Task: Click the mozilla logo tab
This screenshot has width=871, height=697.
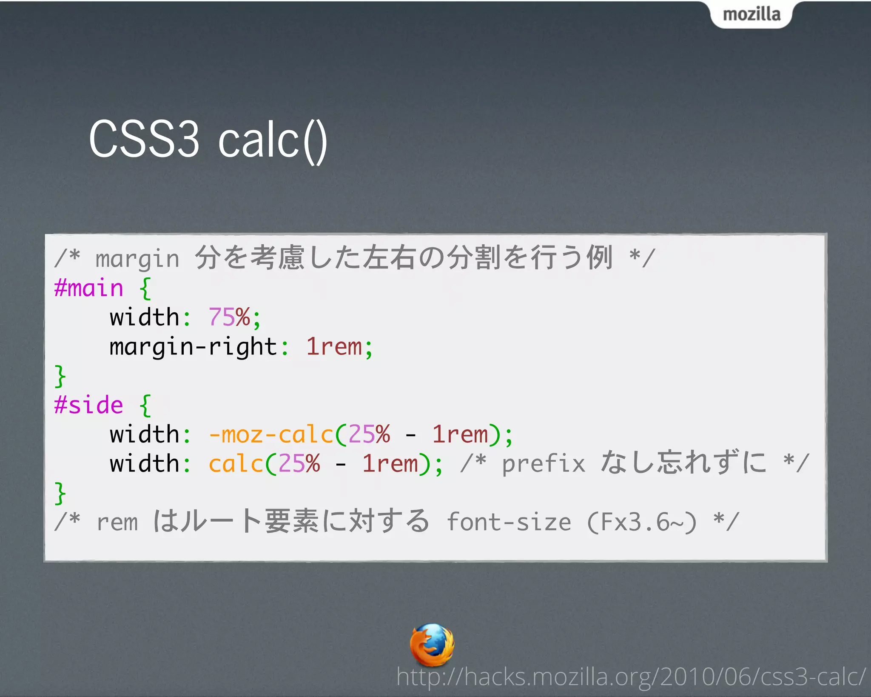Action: point(751,14)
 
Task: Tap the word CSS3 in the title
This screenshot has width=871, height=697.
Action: point(144,139)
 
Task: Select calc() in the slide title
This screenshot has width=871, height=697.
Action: point(272,140)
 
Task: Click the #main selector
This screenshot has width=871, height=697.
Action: point(88,289)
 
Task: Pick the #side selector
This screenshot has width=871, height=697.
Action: point(88,405)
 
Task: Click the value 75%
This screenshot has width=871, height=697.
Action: point(229,317)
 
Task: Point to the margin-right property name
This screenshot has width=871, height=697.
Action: point(193,347)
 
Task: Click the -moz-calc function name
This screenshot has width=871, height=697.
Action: point(271,435)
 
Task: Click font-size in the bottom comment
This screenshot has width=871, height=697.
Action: point(509,522)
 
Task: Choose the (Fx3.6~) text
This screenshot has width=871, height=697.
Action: point(642,522)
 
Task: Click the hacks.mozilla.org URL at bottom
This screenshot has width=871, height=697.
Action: point(631,677)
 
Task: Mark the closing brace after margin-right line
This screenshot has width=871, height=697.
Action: point(60,376)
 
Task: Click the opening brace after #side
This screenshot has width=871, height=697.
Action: point(145,406)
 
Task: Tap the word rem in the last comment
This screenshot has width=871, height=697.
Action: point(117,523)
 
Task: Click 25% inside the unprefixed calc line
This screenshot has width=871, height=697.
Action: point(299,464)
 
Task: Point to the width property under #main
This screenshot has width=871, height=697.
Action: point(144,317)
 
